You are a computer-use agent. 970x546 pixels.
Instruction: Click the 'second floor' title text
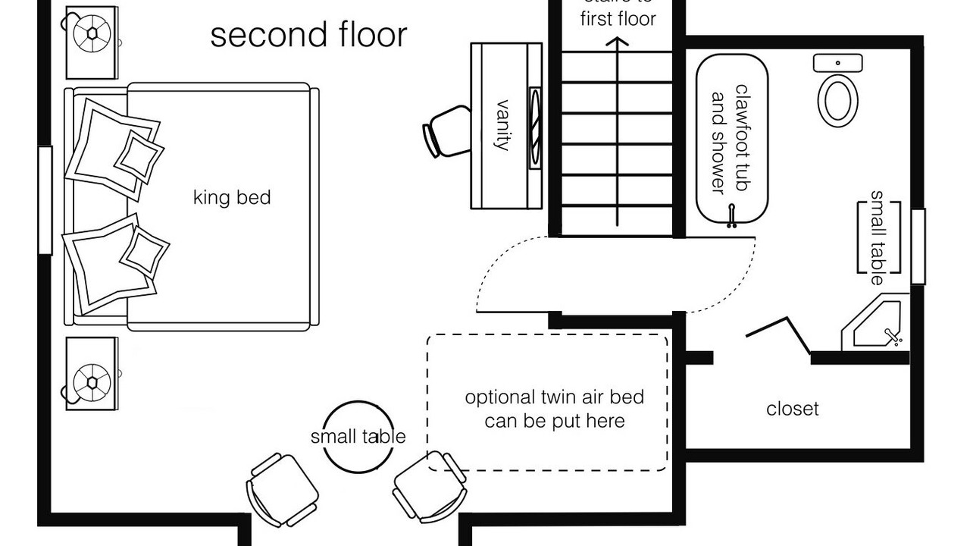(x=308, y=36)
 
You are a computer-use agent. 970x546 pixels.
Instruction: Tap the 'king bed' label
(x=232, y=198)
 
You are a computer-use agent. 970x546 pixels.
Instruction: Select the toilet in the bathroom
(x=837, y=96)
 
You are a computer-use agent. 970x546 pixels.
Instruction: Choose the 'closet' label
(x=793, y=409)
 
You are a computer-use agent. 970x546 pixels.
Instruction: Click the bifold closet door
(x=781, y=334)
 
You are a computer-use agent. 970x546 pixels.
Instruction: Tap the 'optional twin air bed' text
(x=554, y=409)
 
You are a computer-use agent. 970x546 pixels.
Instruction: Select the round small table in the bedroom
(x=358, y=437)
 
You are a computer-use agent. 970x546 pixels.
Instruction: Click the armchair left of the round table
(x=282, y=489)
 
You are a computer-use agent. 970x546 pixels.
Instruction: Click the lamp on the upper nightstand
(x=92, y=34)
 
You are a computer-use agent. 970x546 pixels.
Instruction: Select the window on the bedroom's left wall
(x=45, y=200)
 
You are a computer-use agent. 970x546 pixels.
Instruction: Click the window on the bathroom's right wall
(x=918, y=246)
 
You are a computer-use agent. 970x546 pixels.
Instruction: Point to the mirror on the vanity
(x=535, y=125)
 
